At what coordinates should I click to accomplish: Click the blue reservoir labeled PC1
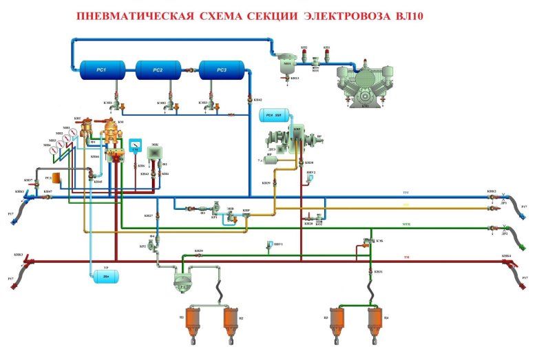coord(101,70)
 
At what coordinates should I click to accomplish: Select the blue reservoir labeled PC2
coord(158,70)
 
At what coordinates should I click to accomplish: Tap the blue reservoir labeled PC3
coord(222,70)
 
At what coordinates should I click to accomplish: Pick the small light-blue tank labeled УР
coord(105,275)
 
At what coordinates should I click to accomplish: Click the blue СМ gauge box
coord(135,146)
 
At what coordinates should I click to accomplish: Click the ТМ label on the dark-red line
coord(406,257)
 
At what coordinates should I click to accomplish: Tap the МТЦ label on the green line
coord(406,224)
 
